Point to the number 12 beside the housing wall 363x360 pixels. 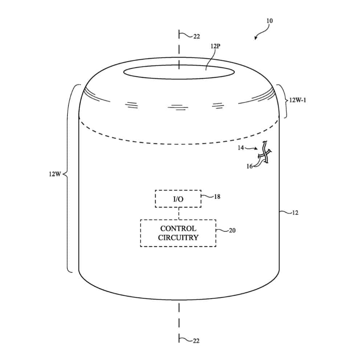point(295,213)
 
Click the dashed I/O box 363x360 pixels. point(178,198)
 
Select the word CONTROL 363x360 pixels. point(178,228)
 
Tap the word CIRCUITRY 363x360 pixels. point(178,238)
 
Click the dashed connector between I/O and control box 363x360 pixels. point(178,213)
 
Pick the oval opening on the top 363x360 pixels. point(178,71)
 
